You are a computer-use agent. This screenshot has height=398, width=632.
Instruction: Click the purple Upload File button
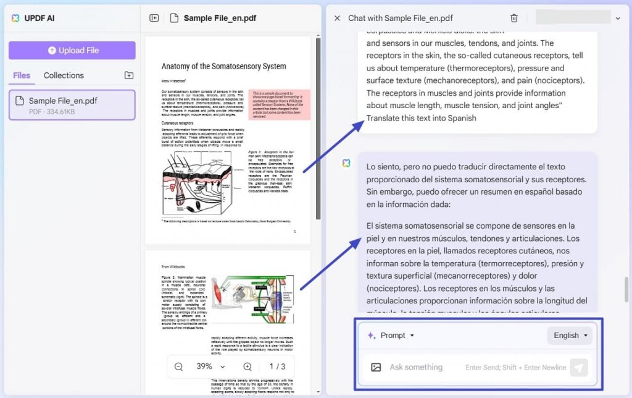(72, 50)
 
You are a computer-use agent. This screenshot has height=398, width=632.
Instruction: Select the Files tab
(22, 75)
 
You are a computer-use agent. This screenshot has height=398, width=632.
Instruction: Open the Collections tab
(64, 75)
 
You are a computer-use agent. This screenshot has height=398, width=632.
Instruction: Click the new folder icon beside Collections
(128, 75)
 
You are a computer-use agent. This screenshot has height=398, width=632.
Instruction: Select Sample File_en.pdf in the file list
(72, 104)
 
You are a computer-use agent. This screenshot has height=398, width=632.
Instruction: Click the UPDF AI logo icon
(15, 18)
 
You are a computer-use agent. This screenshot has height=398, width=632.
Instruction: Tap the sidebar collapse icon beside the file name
(154, 18)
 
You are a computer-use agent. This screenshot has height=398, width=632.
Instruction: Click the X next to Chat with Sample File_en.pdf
(337, 19)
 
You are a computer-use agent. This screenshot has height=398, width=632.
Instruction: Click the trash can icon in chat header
(514, 19)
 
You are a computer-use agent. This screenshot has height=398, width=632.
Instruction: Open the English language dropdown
(570, 336)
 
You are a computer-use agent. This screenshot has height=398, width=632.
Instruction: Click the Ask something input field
(416, 367)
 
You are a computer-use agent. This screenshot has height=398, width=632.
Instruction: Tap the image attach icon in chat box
(376, 367)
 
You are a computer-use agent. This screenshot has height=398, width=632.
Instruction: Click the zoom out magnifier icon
(178, 366)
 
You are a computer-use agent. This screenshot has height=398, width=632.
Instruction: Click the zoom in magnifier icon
(247, 366)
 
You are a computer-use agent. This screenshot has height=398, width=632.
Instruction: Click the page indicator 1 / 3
(277, 366)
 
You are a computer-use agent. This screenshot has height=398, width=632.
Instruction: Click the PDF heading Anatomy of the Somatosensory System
(223, 66)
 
